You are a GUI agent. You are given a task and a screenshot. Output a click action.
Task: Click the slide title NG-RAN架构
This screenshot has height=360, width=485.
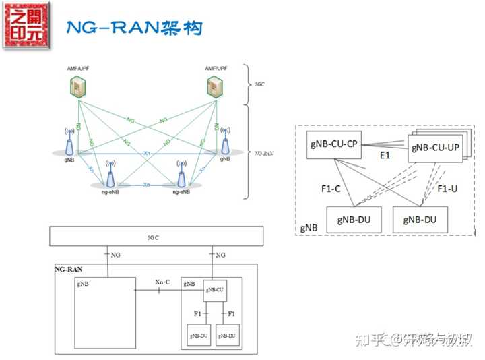pyautogui.click(x=133, y=28)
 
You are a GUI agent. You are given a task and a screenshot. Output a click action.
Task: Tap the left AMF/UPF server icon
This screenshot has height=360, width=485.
pyautogui.click(x=79, y=86)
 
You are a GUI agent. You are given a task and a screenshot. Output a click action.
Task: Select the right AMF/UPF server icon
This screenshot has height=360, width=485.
pyautogui.click(x=216, y=86)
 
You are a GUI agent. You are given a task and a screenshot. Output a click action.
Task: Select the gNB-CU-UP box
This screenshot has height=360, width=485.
pyautogui.click(x=434, y=148)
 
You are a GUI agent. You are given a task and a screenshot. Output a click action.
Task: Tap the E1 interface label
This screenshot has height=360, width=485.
pyautogui.click(x=385, y=155)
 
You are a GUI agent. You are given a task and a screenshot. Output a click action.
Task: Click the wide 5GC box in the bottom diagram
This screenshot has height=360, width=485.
pyautogui.click(x=156, y=238)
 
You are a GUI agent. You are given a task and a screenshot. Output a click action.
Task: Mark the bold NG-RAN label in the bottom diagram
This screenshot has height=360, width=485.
pyautogui.click(x=68, y=269)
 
